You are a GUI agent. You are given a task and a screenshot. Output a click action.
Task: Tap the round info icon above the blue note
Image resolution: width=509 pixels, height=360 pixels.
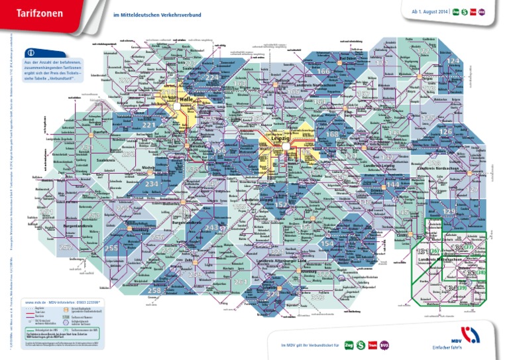(x=32, y=53)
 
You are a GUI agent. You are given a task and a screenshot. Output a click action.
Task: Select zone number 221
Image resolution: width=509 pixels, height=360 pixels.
(x=148, y=125)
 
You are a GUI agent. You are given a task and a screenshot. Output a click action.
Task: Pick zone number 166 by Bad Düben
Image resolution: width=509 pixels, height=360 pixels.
(x=323, y=71)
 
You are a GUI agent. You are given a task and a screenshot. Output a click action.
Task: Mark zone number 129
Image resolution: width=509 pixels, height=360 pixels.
(x=449, y=211)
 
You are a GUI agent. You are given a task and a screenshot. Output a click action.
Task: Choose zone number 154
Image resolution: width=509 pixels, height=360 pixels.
(x=327, y=244)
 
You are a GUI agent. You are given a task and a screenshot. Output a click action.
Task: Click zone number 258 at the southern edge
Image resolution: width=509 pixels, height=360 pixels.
(x=154, y=290)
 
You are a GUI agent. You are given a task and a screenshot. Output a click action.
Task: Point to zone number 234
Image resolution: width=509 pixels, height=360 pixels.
(x=152, y=184)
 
